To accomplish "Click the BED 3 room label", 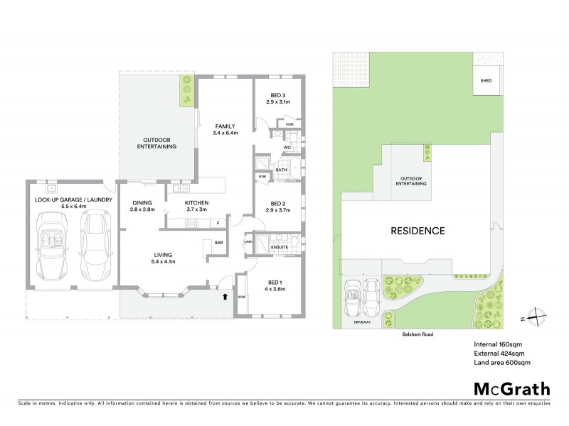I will pyautogui.click(x=277, y=96).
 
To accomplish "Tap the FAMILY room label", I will pyautogui.click(x=225, y=126).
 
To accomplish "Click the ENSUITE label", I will pyautogui.click(x=279, y=247).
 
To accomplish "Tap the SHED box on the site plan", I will pyautogui.click(x=486, y=81).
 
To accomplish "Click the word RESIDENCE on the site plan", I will pyautogui.click(x=418, y=231).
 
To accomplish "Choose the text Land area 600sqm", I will pyautogui.click(x=502, y=364).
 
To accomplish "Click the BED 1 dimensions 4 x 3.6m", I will pyautogui.click(x=277, y=288).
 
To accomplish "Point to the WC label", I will pyautogui.click(x=287, y=148).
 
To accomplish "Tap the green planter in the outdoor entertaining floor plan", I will pyautogui.click(x=186, y=91).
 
